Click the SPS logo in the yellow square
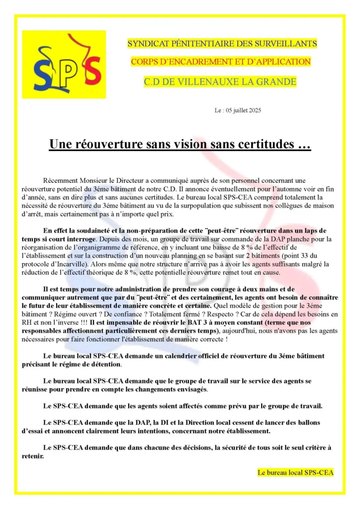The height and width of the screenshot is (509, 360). tap(64, 64)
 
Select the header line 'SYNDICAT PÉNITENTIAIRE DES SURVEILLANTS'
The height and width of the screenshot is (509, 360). tap(222, 44)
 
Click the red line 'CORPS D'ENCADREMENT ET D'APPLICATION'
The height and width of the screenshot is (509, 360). tap(221, 62)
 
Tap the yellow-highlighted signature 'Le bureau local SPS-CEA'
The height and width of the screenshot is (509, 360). tap(295, 472)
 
